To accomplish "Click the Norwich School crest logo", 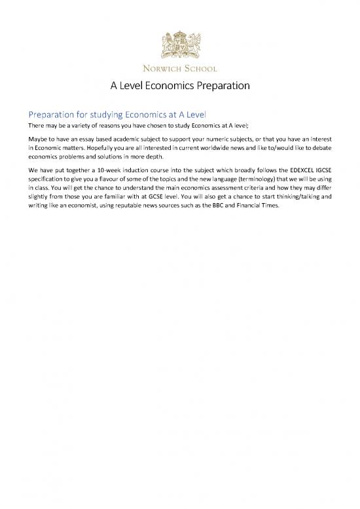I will pos(180,42).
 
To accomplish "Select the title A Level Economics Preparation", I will pos(180,86).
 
